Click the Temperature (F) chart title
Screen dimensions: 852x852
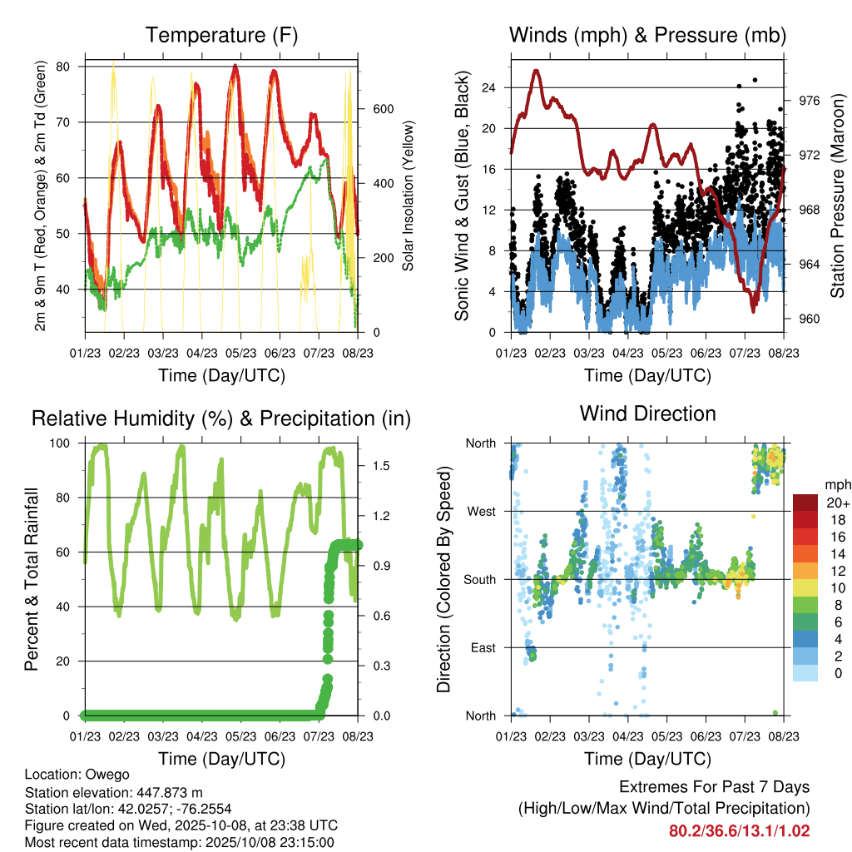tap(221, 35)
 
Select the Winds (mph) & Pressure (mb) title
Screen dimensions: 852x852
tap(647, 35)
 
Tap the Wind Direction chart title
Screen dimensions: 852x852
tap(647, 414)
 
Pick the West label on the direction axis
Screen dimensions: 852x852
tap(481, 511)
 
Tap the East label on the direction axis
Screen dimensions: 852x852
tap(482, 647)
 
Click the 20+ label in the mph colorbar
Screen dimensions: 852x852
tap(838, 503)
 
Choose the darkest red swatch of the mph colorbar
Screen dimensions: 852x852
tap(805, 503)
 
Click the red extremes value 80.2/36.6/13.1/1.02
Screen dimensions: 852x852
tap(739, 830)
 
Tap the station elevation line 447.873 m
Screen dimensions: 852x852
tap(114, 792)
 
